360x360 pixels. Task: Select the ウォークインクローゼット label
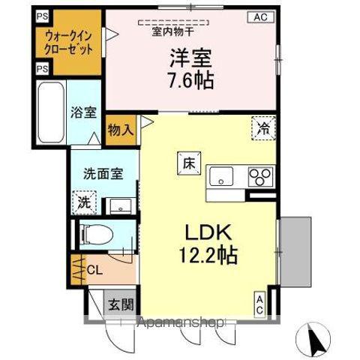click(68, 43)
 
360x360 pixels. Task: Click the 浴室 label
click(83, 112)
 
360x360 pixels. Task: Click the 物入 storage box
click(121, 128)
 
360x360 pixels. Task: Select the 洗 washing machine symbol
click(85, 201)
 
